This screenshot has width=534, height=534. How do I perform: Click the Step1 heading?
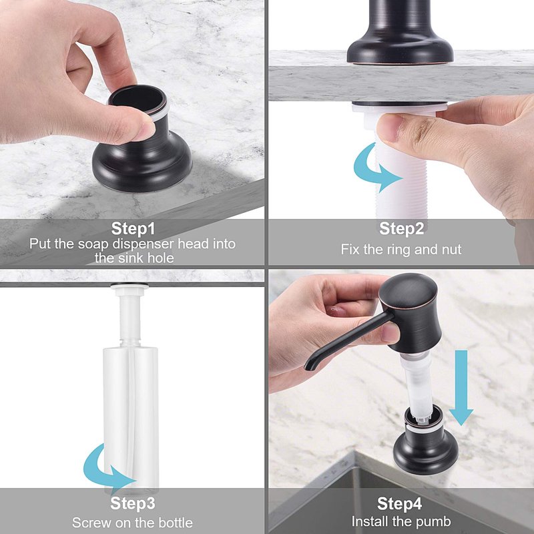133,228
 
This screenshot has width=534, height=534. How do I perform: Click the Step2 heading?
402,228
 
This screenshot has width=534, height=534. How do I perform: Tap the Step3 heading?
132,503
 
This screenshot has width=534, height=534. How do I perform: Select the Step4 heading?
399,503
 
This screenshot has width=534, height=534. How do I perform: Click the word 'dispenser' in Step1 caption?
143,244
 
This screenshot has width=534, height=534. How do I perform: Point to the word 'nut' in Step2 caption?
452,250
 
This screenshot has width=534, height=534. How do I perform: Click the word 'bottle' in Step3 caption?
176,523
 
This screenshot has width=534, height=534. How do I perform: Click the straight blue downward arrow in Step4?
461,388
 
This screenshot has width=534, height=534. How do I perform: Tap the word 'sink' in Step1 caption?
134,258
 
